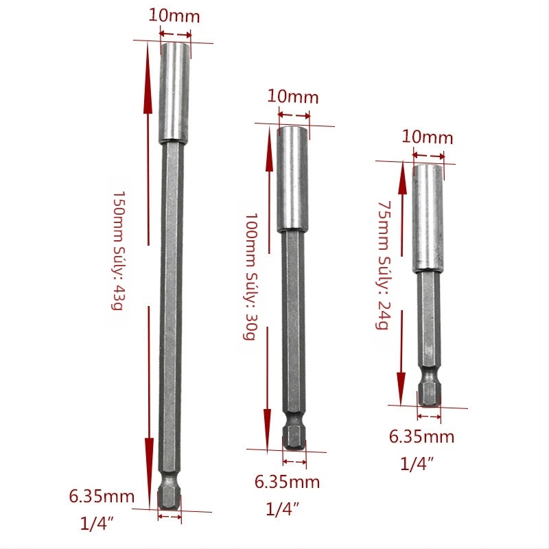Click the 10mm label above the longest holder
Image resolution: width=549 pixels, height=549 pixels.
(174, 16)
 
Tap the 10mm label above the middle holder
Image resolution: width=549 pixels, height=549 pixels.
(293, 96)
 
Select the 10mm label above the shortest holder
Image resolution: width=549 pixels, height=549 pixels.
(427, 137)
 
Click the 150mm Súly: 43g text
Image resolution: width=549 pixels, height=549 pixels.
(117, 250)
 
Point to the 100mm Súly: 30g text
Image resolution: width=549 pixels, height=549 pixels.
(250, 277)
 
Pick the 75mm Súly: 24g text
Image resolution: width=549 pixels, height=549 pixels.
(383, 265)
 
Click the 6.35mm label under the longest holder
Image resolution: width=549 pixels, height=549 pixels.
(102, 496)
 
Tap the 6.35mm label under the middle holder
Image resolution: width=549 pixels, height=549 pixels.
(287, 482)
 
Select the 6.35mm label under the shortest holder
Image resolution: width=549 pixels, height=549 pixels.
(421, 436)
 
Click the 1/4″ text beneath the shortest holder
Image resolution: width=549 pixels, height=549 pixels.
(417, 464)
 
